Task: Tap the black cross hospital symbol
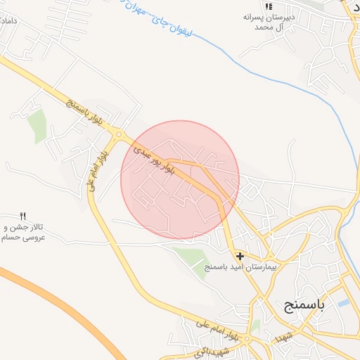coord(240,257)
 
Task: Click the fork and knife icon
coord(22,216)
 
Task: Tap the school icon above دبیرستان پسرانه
coord(268,6)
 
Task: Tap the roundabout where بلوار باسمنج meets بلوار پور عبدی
coord(120,134)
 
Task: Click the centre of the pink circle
coord(180,180)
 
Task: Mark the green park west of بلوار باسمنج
coord(37,125)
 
